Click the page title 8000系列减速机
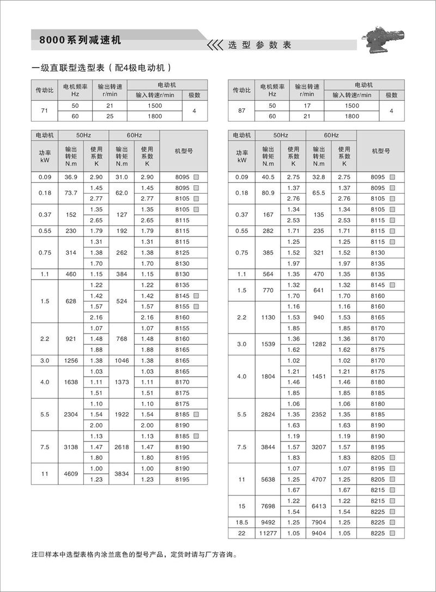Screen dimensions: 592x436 point(77,40)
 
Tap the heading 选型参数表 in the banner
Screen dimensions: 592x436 point(259,45)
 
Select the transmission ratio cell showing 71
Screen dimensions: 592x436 point(43,111)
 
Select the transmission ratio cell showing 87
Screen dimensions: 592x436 point(240,111)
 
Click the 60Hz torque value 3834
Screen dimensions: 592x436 point(122,474)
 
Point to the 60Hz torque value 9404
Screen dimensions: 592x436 point(319,533)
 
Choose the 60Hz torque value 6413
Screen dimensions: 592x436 point(319,506)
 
